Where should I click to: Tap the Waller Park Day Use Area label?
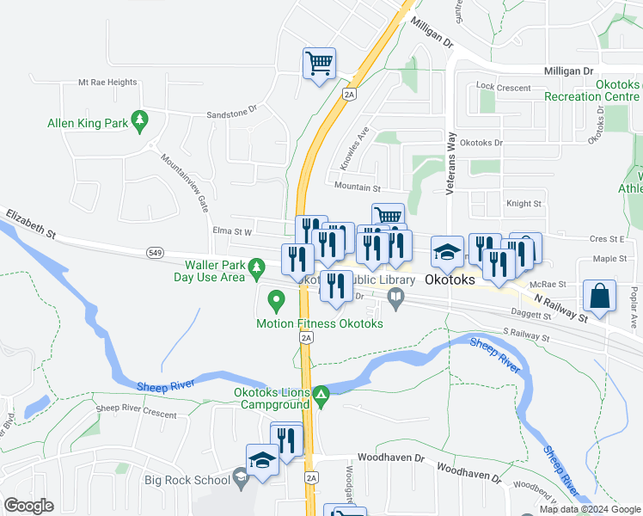point(210,271)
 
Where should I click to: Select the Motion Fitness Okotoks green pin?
point(276,302)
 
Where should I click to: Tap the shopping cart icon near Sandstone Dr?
point(319,63)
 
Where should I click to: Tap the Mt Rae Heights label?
point(107,83)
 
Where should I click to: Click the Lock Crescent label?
point(504,87)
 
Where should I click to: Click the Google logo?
point(28,506)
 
